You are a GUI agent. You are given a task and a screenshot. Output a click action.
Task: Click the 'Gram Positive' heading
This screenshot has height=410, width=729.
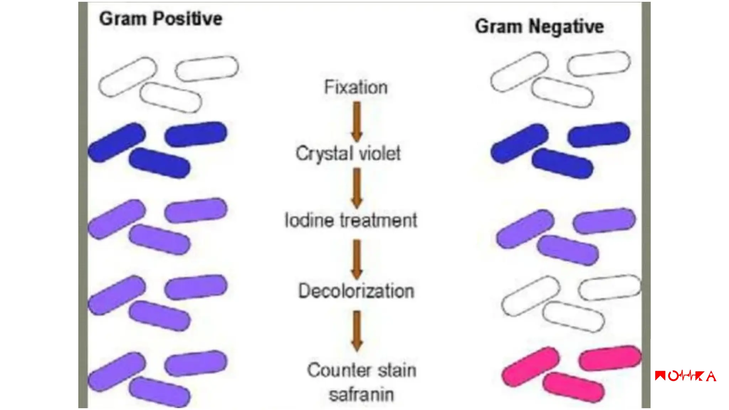(x=161, y=19)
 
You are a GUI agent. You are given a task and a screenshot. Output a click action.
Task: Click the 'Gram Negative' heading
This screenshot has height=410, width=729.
(x=539, y=26)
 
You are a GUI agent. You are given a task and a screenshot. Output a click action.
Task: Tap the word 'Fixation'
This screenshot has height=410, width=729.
(x=356, y=87)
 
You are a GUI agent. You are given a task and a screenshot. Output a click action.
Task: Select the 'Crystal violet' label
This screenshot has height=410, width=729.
(x=348, y=154)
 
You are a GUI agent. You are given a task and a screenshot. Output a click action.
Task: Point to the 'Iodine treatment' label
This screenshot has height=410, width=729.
(x=351, y=220)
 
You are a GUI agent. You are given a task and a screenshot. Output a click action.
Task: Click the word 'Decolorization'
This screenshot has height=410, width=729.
(x=356, y=291)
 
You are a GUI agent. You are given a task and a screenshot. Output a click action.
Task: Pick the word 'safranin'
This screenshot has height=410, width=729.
(x=361, y=395)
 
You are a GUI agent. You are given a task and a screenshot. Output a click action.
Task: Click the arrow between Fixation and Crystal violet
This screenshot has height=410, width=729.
(x=357, y=121)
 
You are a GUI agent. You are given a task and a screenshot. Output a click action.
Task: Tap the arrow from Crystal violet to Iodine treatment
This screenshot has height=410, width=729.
(x=357, y=188)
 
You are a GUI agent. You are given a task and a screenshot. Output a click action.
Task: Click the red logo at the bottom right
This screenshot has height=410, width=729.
(x=685, y=376)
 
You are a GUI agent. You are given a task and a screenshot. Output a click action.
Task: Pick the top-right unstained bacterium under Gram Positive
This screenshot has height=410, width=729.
(x=207, y=68)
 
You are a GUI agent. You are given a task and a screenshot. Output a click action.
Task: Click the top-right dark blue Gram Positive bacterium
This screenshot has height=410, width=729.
(x=196, y=134)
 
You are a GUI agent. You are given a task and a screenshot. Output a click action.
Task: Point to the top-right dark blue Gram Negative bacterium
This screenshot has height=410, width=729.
(x=599, y=134)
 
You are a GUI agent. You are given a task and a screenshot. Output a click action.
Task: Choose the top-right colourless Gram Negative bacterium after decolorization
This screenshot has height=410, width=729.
(x=609, y=287)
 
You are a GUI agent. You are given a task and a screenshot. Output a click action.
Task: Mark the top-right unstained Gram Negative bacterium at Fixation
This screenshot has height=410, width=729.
(x=599, y=63)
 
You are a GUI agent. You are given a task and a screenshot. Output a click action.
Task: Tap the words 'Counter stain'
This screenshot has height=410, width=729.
(x=362, y=370)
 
